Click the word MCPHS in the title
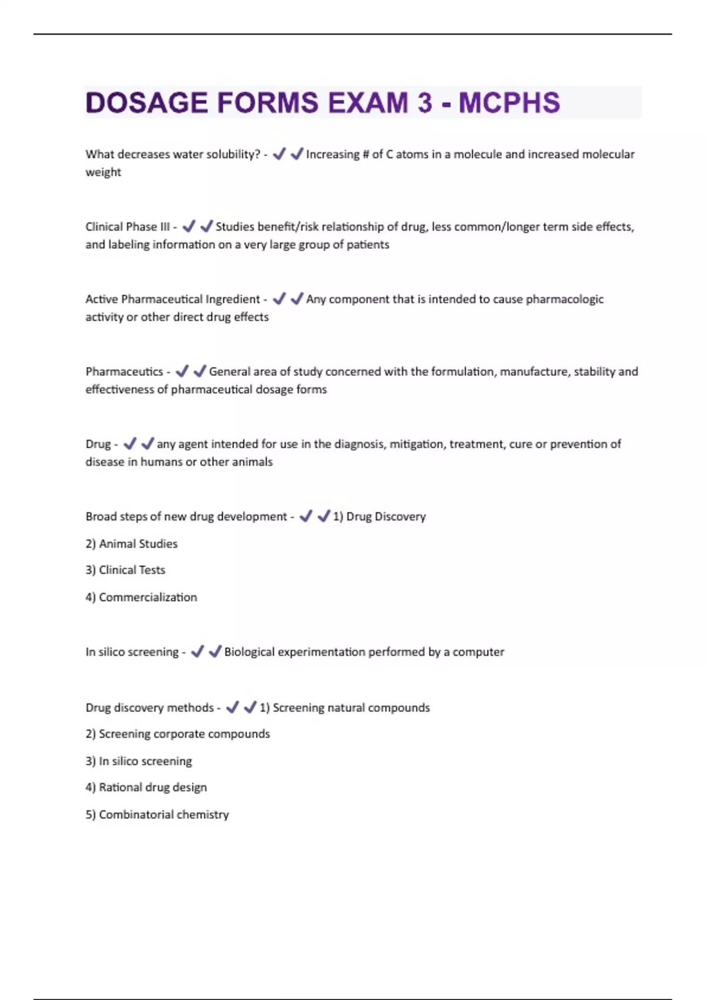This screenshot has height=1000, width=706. click(509, 103)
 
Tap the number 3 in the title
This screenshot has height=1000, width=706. click(425, 103)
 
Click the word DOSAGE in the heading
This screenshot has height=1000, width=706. click(146, 103)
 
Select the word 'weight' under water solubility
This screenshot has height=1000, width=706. click(103, 172)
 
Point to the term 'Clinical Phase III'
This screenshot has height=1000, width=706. click(127, 226)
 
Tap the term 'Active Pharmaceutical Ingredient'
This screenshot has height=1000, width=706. click(172, 299)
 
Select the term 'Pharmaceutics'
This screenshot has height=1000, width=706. click(124, 371)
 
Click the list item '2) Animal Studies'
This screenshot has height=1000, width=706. click(131, 544)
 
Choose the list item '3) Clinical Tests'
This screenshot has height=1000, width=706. click(125, 570)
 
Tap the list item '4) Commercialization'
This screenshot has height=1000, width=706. click(141, 597)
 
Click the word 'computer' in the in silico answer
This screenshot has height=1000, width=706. click(478, 652)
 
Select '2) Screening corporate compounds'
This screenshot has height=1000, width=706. click(178, 734)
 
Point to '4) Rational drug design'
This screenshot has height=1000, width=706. click(146, 787)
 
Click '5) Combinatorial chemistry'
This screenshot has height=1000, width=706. click(157, 815)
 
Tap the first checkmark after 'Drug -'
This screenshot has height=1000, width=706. click(130, 444)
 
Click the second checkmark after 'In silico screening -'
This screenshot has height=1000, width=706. click(215, 651)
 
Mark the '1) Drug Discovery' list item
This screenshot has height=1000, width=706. click(379, 516)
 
